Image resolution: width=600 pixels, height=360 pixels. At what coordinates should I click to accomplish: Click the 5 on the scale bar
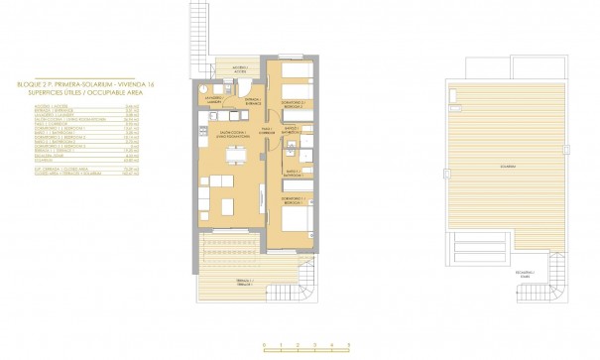pos(348,345)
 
